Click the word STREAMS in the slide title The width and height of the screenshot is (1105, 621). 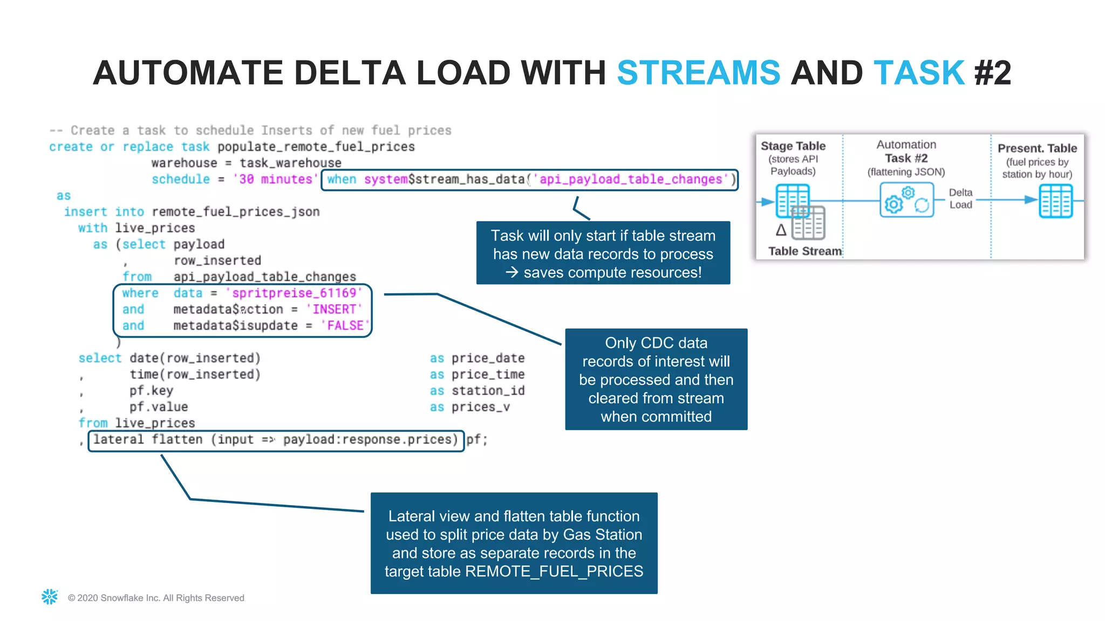click(x=698, y=73)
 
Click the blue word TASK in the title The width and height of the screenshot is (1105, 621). click(x=919, y=73)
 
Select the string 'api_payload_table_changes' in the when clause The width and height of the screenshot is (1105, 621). click(x=630, y=180)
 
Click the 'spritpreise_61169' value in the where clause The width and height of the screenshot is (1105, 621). click(x=294, y=293)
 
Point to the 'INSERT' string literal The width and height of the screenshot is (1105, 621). click(x=334, y=309)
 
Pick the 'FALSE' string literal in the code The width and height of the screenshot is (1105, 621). click(x=345, y=326)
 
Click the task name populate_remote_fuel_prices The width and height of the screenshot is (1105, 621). click(x=316, y=147)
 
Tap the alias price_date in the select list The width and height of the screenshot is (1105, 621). click(x=488, y=358)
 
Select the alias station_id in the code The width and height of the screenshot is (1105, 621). click(x=488, y=391)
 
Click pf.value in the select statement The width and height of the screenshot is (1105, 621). click(x=158, y=407)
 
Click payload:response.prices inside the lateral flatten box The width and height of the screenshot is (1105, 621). click(x=367, y=440)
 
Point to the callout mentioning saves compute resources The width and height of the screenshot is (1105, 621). click(x=603, y=253)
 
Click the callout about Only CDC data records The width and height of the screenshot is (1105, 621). click(x=656, y=379)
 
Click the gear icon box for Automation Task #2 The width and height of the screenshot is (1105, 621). click(x=906, y=200)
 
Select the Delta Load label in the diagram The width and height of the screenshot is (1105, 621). click(x=960, y=198)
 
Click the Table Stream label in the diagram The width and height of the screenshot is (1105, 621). click(x=804, y=251)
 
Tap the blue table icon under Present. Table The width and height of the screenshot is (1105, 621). click(x=1055, y=201)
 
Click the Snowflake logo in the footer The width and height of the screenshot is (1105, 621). click(x=50, y=597)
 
